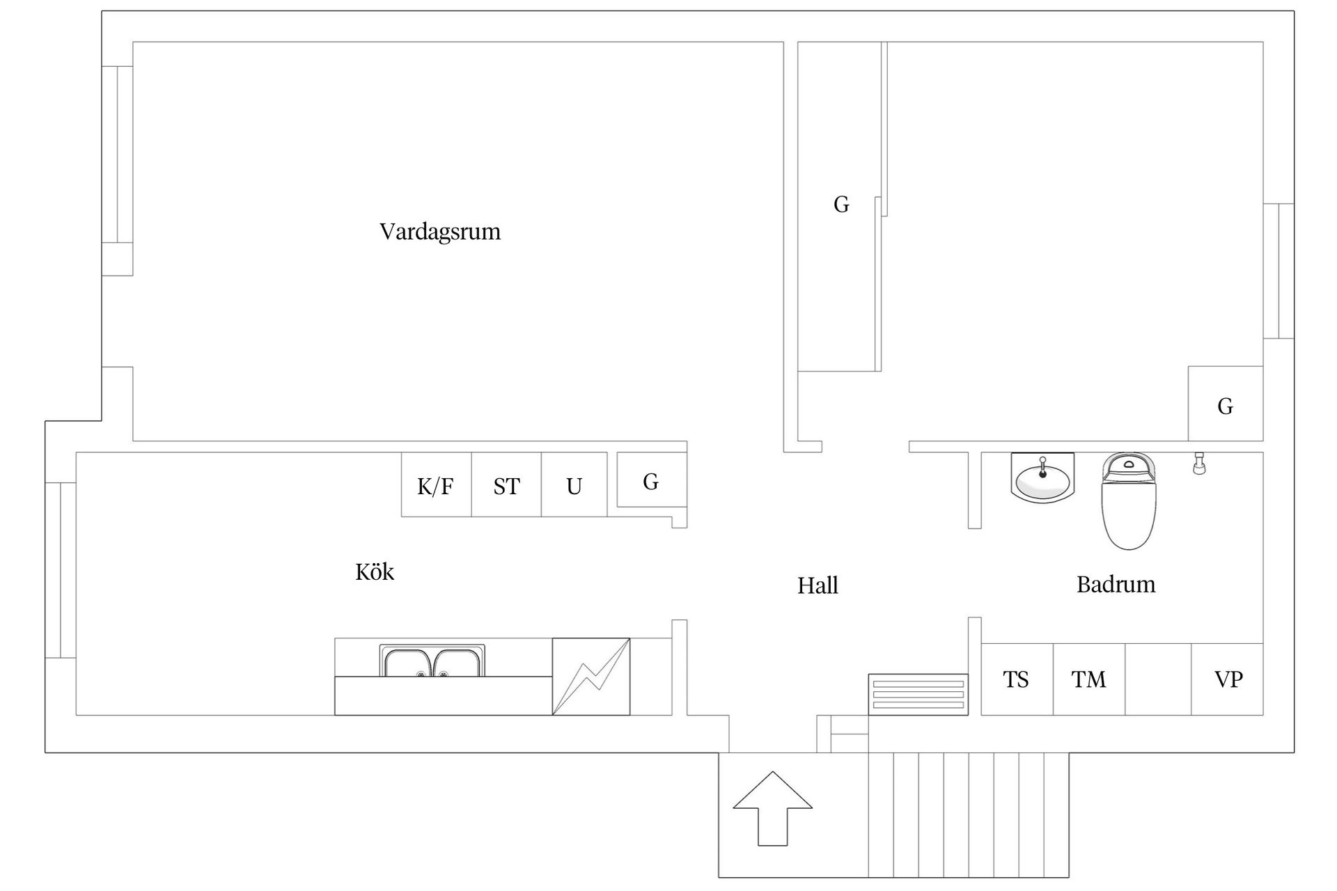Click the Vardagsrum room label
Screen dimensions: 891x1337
pos(439,231)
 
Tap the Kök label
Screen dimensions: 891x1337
pos(375,572)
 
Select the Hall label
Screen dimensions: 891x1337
pos(818,585)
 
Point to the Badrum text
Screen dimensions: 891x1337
pos(1116,584)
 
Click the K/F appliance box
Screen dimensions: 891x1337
pos(436,485)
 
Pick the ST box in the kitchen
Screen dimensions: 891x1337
pos(506,485)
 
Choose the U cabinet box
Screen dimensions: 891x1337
pos(574,485)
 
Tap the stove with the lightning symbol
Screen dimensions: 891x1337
pos(591,677)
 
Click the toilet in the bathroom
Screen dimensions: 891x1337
pos(1129,501)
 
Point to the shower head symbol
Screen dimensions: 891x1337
pos(1199,463)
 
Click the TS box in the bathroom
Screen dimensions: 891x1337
pos(1016,679)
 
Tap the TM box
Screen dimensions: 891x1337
pos(1088,679)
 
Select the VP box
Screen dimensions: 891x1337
pos(1228,679)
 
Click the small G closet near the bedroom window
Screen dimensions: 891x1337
pos(1225,404)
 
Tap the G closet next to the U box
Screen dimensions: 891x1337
pos(651,480)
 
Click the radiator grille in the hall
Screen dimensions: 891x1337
pos(918,694)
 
